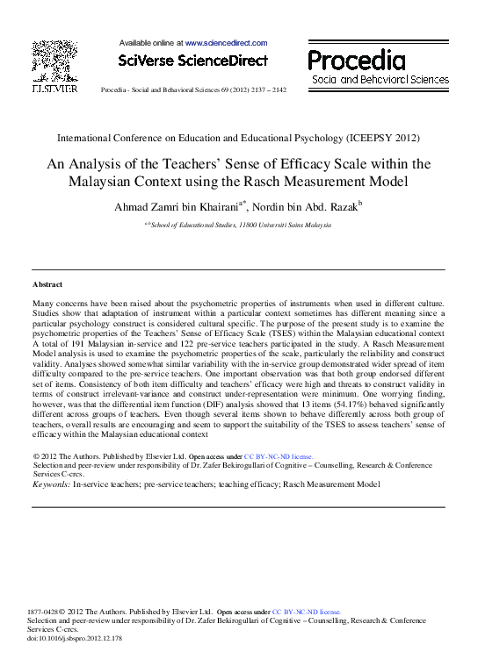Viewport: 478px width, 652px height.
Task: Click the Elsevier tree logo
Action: pyautogui.click(x=54, y=61)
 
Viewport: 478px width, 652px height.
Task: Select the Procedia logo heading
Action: pyautogui.click(x=357, y=61)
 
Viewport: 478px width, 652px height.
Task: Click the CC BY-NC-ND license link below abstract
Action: pyautogui.click(x=279, y=457)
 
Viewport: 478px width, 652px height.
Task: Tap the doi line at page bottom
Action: pyautogui.click(x=75, y=638)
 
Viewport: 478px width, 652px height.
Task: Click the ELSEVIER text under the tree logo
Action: pyautogui.click(x=54, y=89)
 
